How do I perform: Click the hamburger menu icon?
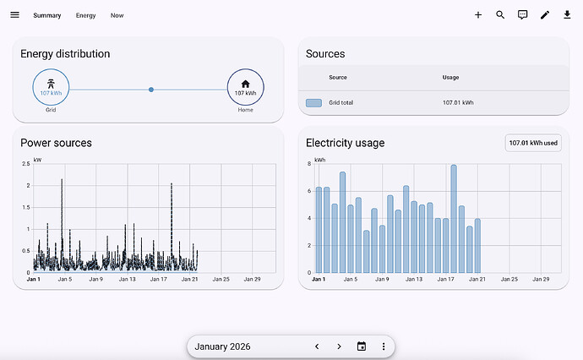click(x=14, y=15)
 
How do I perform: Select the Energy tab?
click(x=85, y=15)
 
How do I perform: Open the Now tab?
click(x=117, y=15)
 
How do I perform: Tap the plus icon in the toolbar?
click(x=478, y=15)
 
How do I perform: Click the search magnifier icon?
click(x=500, y=15)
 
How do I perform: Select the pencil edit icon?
click(x=545, y=15)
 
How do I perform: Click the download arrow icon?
click(x=567, y=15)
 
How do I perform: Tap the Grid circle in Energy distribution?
click(x=52, y=87)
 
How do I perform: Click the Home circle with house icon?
click(x=245, y=87)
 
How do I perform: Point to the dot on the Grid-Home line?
click(x=151, y=89)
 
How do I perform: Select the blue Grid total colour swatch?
click(x=313, y=102)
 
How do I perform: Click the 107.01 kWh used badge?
click(x=534, y=144)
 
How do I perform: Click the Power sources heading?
click(x=56, y=143)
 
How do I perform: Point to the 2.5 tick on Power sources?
click(x=25, y=163)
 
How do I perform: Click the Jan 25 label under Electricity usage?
click(x=509, y=279)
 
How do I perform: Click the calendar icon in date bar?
click(x=362, y=346)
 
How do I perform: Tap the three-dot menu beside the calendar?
click(x=384, y=346)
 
